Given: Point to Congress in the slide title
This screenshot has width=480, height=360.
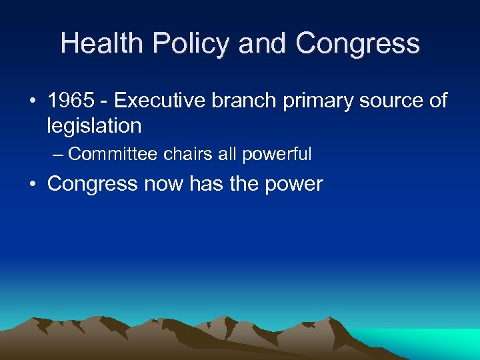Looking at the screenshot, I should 358,44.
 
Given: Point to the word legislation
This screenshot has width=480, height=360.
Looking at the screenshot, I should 94,125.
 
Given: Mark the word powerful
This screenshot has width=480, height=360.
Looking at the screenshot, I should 277,154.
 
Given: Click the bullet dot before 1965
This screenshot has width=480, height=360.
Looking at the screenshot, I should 33,102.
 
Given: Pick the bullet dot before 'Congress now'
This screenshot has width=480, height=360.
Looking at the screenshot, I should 33,184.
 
